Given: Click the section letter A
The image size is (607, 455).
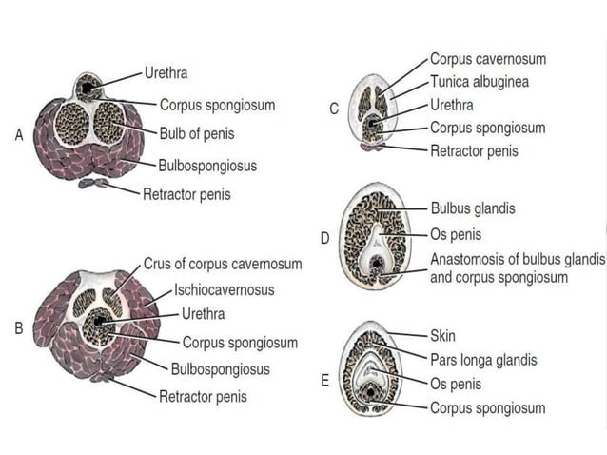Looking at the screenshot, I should [x=19, y=136].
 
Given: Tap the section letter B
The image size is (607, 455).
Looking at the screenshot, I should [x=19, y=329].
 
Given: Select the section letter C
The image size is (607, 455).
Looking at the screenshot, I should [x=334, y=109].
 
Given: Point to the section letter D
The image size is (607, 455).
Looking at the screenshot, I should [x=324, y=238].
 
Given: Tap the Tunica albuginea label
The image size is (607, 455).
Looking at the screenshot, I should [x=480, y=82].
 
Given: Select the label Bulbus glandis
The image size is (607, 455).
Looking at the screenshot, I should [x=474, y=208].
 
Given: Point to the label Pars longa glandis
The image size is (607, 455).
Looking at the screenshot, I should [x=482, y=360].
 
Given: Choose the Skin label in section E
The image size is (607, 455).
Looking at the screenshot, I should [x=444, y=335].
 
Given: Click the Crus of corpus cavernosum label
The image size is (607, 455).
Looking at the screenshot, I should [x=223, y=264].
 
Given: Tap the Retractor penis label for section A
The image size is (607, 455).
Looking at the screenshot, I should [x=186, y=195].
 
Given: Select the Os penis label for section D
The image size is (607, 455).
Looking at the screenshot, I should [x=456, y=234].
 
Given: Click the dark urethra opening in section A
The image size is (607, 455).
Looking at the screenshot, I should [x=88, y=89].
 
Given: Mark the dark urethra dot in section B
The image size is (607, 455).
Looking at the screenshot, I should [x=99, y=323].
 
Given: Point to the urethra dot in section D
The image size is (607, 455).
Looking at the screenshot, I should [x=378, y=262].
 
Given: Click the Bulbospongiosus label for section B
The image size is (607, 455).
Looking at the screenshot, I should [x=220, y=369].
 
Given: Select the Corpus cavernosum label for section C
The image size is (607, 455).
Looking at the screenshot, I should [x=488, y=59].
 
